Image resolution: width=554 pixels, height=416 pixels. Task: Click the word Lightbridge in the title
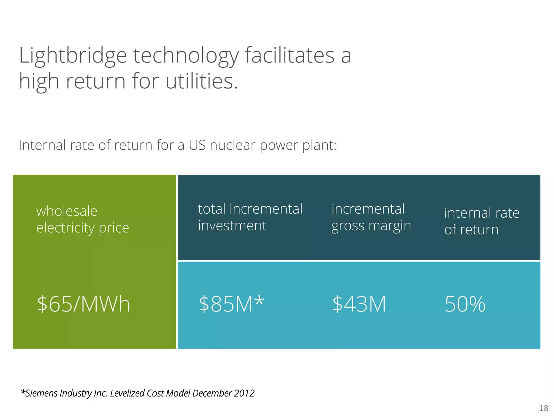click(73, 56)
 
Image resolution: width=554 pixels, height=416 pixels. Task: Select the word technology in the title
click(186, 56)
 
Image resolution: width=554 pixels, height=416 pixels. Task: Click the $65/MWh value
click(83, 304)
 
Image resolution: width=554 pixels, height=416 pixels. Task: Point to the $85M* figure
click(231, 304)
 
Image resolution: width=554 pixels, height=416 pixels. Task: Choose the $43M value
click(359, 304)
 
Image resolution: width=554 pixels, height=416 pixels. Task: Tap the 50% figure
click(465, 304)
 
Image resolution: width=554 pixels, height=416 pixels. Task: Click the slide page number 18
click(543, 408)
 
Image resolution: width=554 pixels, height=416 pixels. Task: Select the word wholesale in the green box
click(67, 211)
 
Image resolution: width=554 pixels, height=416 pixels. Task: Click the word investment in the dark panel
click(232, 226)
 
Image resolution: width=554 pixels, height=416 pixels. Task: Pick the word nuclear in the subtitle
click(232, 145)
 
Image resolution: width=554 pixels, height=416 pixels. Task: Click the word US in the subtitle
click(197, 145)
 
